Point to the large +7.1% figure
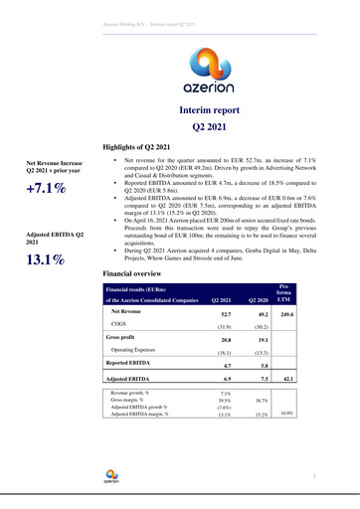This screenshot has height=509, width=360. click(x=46, y=191)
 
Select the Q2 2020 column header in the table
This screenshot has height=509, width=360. click(x=257, y=299)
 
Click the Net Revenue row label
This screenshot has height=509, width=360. click(x=130, y=311)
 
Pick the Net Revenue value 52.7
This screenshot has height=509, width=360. click(x=224, y=314)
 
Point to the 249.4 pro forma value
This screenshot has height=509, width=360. click(x=288, y=314)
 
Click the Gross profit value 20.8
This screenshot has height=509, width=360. click(x=224, y=340)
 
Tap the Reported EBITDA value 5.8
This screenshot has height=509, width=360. click(x=262, y=367)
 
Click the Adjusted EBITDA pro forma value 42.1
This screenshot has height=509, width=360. click(x=289, y=380)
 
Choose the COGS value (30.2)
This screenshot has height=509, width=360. click(x=258, y=326)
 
